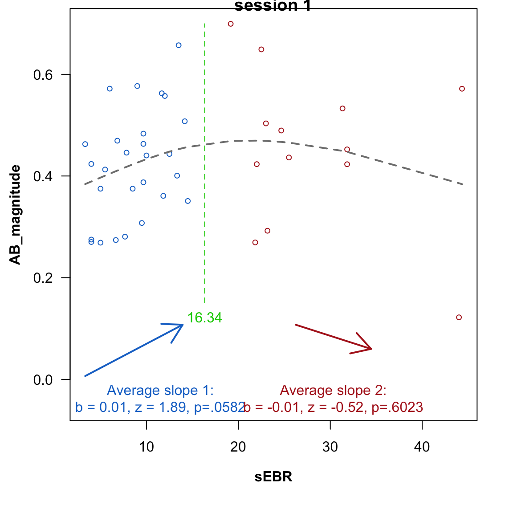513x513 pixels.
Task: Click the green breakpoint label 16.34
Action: coord(204,318)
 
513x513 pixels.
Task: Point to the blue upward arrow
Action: coord(134,350)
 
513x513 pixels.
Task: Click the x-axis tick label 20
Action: coord(238,447)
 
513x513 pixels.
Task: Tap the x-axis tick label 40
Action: coord(422,447)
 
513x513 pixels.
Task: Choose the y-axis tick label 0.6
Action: coord(43,74)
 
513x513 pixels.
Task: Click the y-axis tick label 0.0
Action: coord(43,380)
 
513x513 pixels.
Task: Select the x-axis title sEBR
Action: coord(273,477)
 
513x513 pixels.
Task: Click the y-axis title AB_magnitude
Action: coord(16,215)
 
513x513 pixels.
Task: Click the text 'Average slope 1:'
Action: coord(160,391)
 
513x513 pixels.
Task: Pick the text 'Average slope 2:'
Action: coord(333,391)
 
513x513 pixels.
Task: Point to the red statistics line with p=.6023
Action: coord(334,407)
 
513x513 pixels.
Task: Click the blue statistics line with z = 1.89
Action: coord(159,407)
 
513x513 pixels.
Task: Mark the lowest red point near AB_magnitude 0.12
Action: coord(459,318)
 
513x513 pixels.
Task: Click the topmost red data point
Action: coord(231,24)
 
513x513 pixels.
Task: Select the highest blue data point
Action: coord(179,45)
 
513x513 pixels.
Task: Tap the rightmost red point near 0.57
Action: coord(462,89)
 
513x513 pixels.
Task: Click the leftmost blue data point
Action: coord(85,144)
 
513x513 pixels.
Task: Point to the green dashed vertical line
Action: coord(205,178)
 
